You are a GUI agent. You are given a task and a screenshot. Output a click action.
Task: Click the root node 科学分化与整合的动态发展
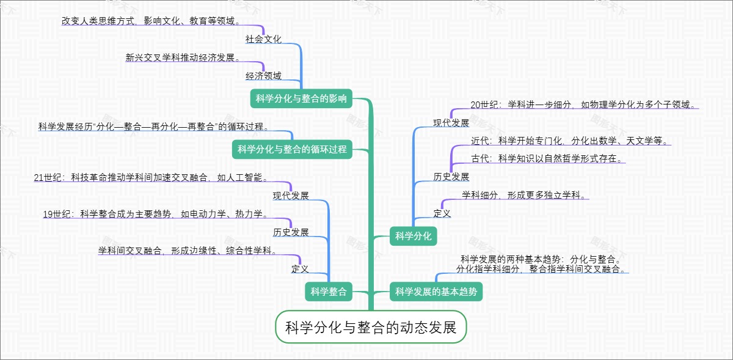click(x=371, y=327)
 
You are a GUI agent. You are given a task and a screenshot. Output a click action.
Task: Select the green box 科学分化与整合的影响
click(x=301, y=98)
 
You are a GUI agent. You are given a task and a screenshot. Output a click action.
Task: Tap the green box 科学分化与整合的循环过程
click(x=292, y=149)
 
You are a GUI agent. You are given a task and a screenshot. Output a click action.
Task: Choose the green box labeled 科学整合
click(x=328, y=292)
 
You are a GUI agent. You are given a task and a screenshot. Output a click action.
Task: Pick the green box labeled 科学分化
click(x=413, y=236)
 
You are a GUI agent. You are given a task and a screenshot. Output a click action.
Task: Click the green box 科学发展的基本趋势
click(x=436, y=292)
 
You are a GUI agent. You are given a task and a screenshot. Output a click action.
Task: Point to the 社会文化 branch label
click(x=263, y=39)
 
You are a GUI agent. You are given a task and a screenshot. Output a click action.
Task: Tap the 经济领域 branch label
click(x=263, y=76)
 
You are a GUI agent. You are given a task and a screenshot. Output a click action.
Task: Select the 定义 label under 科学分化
click(x=442, y=213)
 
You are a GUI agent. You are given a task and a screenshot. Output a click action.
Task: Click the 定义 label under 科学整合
click(x=300, y=268)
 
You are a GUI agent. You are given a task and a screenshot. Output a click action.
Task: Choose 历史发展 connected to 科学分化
click(x=451, y=177)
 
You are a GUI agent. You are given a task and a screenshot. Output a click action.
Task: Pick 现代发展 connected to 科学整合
click(x=291, y=196)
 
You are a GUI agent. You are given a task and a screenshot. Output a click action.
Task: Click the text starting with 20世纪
click(x=584, y=104)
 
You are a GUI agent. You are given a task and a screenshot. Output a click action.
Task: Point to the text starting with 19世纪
click(x=156, y=214)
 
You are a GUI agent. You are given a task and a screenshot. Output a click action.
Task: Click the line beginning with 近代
click(x=571, y=141)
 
